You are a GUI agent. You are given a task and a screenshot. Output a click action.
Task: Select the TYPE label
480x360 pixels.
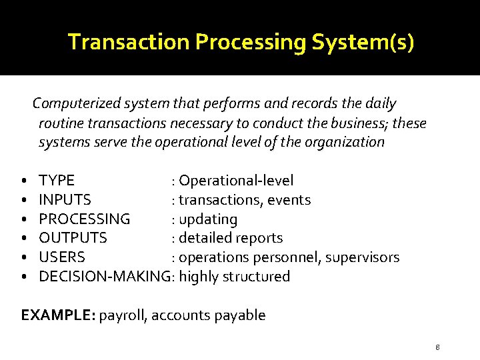click(57, 181)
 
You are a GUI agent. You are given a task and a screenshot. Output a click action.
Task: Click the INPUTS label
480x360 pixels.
click(65, 200)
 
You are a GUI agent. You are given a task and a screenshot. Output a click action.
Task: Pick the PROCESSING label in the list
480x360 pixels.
click(85, 219)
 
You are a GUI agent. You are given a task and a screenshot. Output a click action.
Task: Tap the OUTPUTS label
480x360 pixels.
click(73, 238)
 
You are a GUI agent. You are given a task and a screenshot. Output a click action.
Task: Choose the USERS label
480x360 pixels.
click(62, 257)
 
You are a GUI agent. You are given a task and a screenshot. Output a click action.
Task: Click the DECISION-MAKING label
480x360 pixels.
click(104, 277)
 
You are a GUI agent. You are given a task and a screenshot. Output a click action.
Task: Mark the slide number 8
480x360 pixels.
click(437, 347)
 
